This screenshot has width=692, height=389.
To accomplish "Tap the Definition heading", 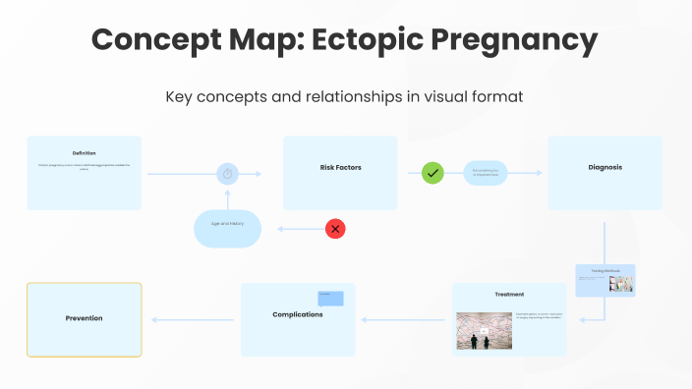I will tap(84, 153).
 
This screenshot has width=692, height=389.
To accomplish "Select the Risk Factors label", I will tap(340, 168).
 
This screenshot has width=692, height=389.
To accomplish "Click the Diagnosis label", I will tap(605, 167).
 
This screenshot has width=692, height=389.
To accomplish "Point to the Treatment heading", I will tap(509, 295).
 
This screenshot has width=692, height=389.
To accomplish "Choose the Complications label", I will tap(297, 314).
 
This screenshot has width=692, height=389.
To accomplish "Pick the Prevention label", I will tap(84, 318).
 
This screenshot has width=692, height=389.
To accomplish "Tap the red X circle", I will tap(335, 229).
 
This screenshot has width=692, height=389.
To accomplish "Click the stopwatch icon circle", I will tap(227, 174).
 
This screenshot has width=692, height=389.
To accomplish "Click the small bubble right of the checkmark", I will tap(486, 173).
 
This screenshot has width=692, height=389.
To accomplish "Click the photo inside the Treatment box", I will tap(481, 331).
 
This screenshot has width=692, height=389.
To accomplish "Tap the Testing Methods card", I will tap(605, 280).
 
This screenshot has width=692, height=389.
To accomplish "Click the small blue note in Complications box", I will tap(330, 299).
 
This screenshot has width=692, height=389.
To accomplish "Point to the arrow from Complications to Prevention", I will tap(193, 319).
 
